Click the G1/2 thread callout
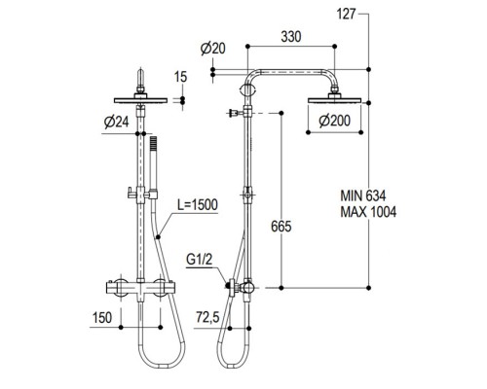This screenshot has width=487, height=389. (x=201, y=262)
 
